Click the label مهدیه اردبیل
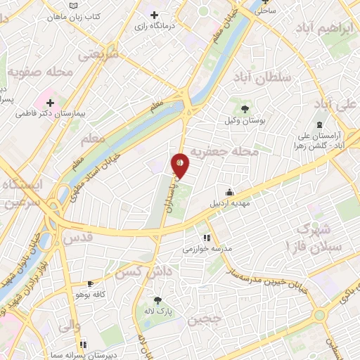[230, 204]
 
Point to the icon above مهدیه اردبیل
[229, 192]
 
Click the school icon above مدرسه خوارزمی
[207, 237]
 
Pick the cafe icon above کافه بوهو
[89, 284]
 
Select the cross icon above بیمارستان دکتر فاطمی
[51, 101]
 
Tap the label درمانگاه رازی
[155, 25]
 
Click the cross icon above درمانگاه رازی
[155, 14]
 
